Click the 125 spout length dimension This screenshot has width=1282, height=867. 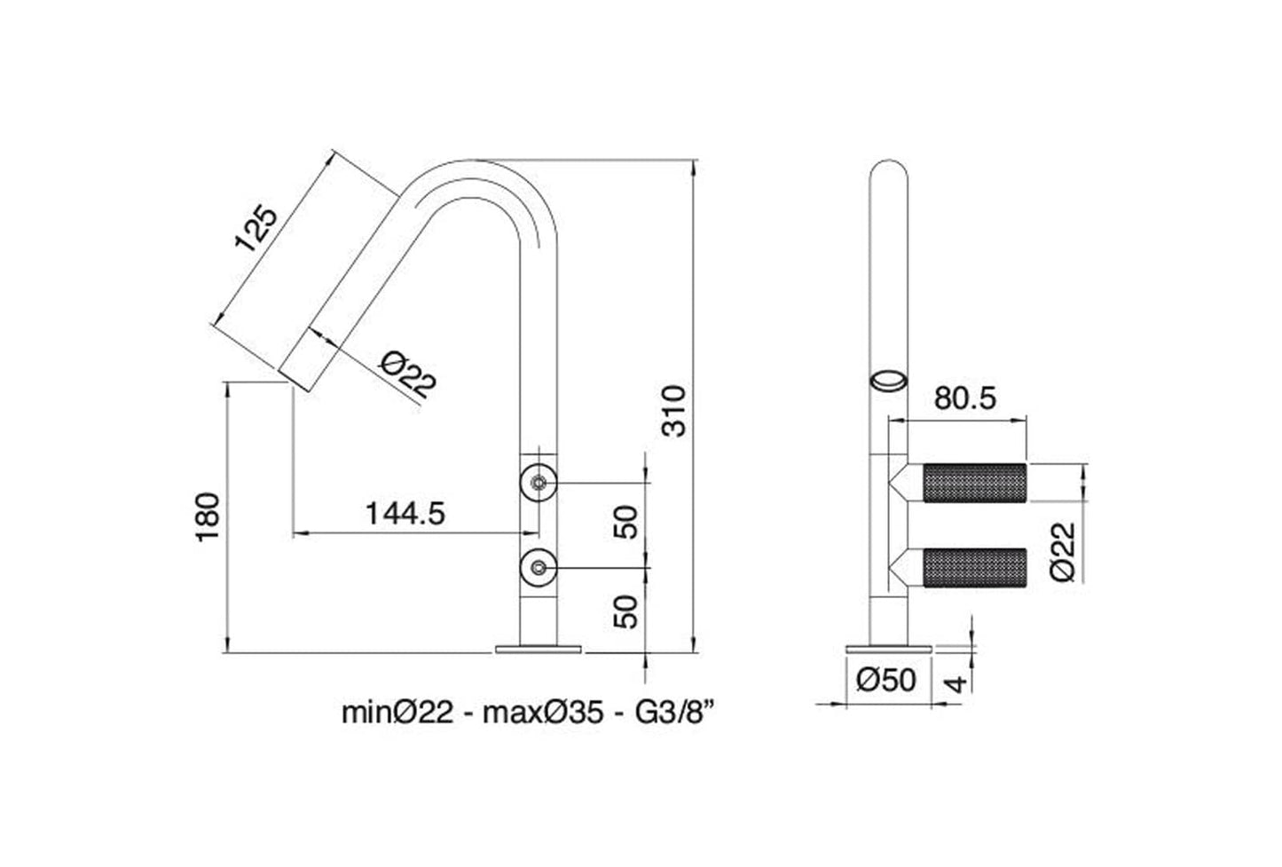click(255, 230)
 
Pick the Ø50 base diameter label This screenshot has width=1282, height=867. click(886, 681)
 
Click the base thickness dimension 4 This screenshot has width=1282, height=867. click(955, 683)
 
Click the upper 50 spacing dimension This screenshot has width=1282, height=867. click(626, 522)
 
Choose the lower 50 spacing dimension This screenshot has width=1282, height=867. click(626, 611)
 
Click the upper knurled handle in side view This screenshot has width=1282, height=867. click(974, 484)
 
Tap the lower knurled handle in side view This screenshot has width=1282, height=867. click(974, 568)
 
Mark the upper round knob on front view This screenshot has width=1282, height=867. click(538, 482)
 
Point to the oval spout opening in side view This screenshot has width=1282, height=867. click(888, 381)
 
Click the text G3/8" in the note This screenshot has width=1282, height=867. click(673, 712)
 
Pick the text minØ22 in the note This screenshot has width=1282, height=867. click(399, 712)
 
